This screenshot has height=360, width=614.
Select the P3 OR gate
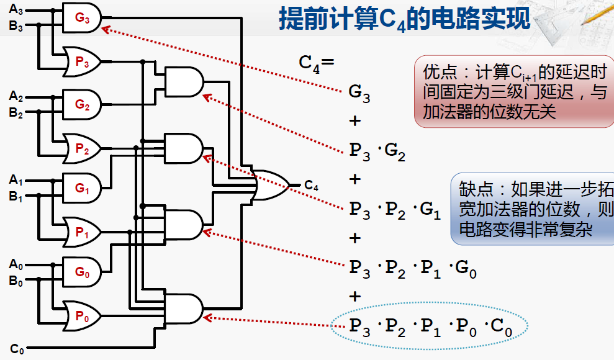pyautogui.click(x=82, y=61)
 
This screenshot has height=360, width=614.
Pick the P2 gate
pyautogui.click(x=82, y=148)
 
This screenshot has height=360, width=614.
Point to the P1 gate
pyautogui.click(x=82, y=233)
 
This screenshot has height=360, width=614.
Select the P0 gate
pyautogui.click(x=82, y=316)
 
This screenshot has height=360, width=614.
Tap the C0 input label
pyautogui.click(x=17, y=349)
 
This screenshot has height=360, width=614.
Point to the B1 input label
pyautogui.click(x=16, y=198)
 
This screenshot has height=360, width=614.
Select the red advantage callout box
pyautogui.click(x=513, y=92)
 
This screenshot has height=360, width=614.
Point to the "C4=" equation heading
pyautogui.click(x=317, y=63)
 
